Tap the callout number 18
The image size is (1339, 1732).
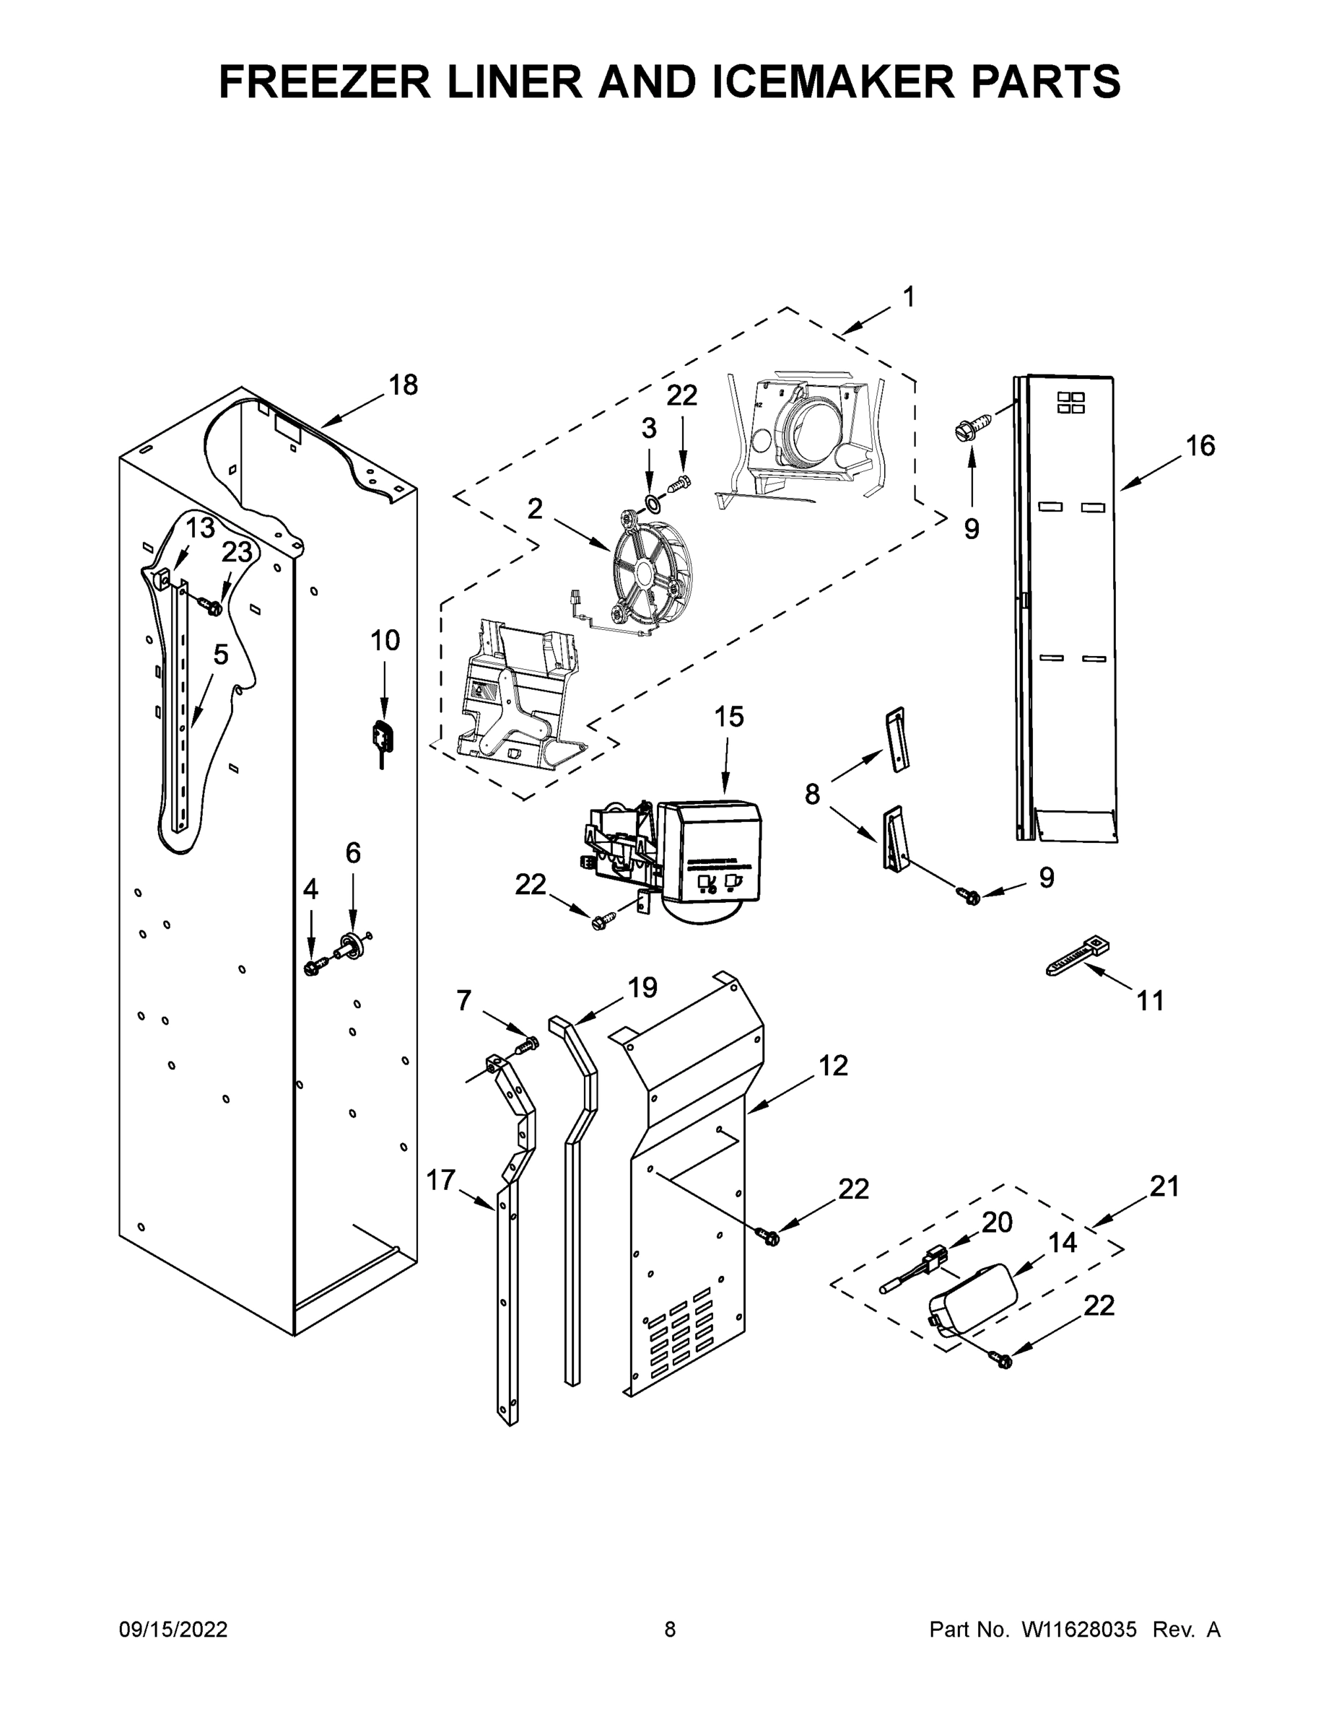point(403,385)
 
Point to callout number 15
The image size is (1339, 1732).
point(728,717)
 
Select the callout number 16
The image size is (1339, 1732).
point(1200,447)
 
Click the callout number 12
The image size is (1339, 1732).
point(833,1066)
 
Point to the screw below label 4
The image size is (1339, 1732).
point(312,967)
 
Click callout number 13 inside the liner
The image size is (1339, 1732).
point(200,528)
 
